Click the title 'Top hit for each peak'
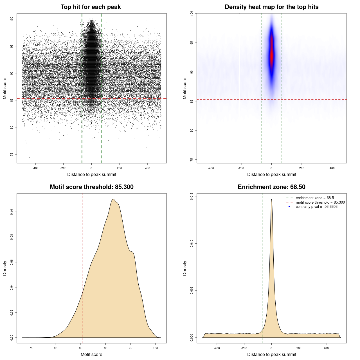[91, 7]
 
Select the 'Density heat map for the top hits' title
[271, 7]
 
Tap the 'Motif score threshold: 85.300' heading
[91, 187]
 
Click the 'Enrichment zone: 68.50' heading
[271, 187]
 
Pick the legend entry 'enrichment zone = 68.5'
[314, 198]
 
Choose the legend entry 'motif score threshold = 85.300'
[320, 202]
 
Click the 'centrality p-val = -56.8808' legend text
[316, 207]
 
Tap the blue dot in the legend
[289, 207]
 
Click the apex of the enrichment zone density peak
[271, 199]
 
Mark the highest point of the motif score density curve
[113, 199]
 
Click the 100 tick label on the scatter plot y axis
[12, 19]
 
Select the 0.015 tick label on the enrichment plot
[192, 196]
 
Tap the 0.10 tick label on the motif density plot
[12, 212]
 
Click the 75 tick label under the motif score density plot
[31, 348]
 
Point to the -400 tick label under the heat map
[211, 168]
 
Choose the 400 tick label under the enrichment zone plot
[326, 348]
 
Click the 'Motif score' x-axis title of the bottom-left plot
[91, 354]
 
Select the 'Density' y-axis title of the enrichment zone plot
[185, 268]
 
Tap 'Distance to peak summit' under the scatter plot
[92, 174]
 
